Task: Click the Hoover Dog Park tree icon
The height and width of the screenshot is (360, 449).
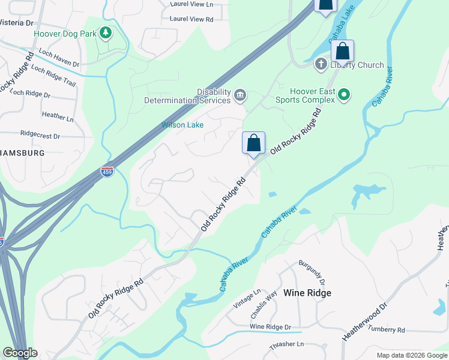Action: coord(106,32)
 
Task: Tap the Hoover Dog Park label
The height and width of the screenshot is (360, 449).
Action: coord(65,34)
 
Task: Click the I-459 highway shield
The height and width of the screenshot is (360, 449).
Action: coord(107,172)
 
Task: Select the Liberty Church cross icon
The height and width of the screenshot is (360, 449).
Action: coord(321,64)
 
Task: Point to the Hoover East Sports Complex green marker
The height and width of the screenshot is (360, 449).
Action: coord(344,94)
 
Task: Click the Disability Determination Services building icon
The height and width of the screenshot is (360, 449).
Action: coord(240,95)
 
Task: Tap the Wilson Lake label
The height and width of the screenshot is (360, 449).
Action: coord(182,125)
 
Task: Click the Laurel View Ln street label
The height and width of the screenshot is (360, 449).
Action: coord(191,4)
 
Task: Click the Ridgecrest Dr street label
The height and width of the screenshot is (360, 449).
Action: coord(40,136)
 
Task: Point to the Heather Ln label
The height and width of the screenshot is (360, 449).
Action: coord(58,116)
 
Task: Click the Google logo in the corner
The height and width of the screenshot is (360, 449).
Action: coord(19,353)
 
